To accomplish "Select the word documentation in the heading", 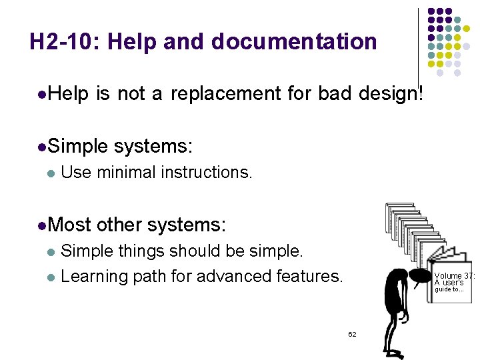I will coord(294,42).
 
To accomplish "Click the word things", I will coord(141,251).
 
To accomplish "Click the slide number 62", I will coord(352,334).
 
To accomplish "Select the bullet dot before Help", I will coord(42,95).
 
